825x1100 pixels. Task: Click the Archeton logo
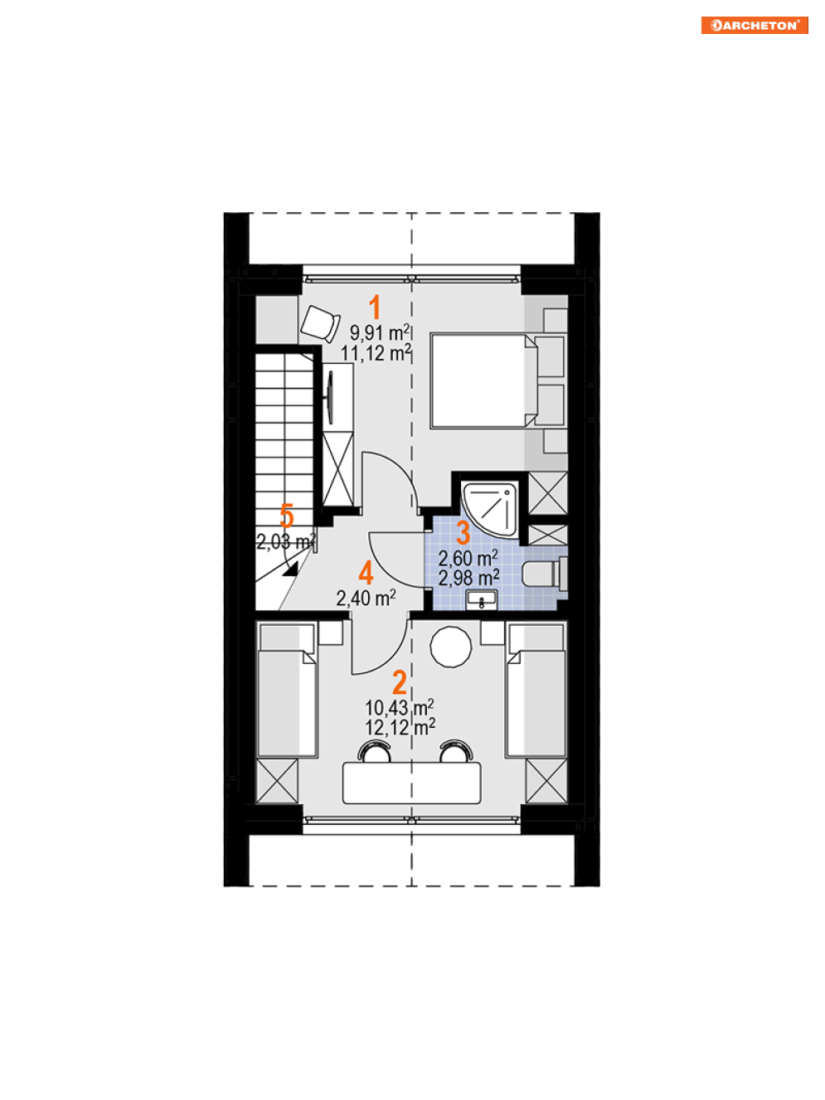[x=755, y=25]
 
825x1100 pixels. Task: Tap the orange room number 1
[x=375, y=307]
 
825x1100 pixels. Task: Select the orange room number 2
[x=400, y=682]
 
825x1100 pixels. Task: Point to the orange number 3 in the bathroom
[x=463, y=532]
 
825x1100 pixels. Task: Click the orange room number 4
[x=366, y=573]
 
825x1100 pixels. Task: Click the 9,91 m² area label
[x=380, y=332]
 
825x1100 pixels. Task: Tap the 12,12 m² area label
[x=400, y=727]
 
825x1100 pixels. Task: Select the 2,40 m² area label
[x=366, y=598]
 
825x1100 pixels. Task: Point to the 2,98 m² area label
[x=468, y=577]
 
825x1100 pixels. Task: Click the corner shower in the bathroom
[x=490, y=510]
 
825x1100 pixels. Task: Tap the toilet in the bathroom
[x=544, y=574]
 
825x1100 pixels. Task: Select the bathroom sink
[x=481, y=599]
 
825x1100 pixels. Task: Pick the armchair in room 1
[x=320, y=323]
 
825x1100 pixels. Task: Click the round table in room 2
[x=450, y=647]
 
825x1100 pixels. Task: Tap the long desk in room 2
[x=411, y=783]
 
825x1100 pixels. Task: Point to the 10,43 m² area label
[x=399, y=708]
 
